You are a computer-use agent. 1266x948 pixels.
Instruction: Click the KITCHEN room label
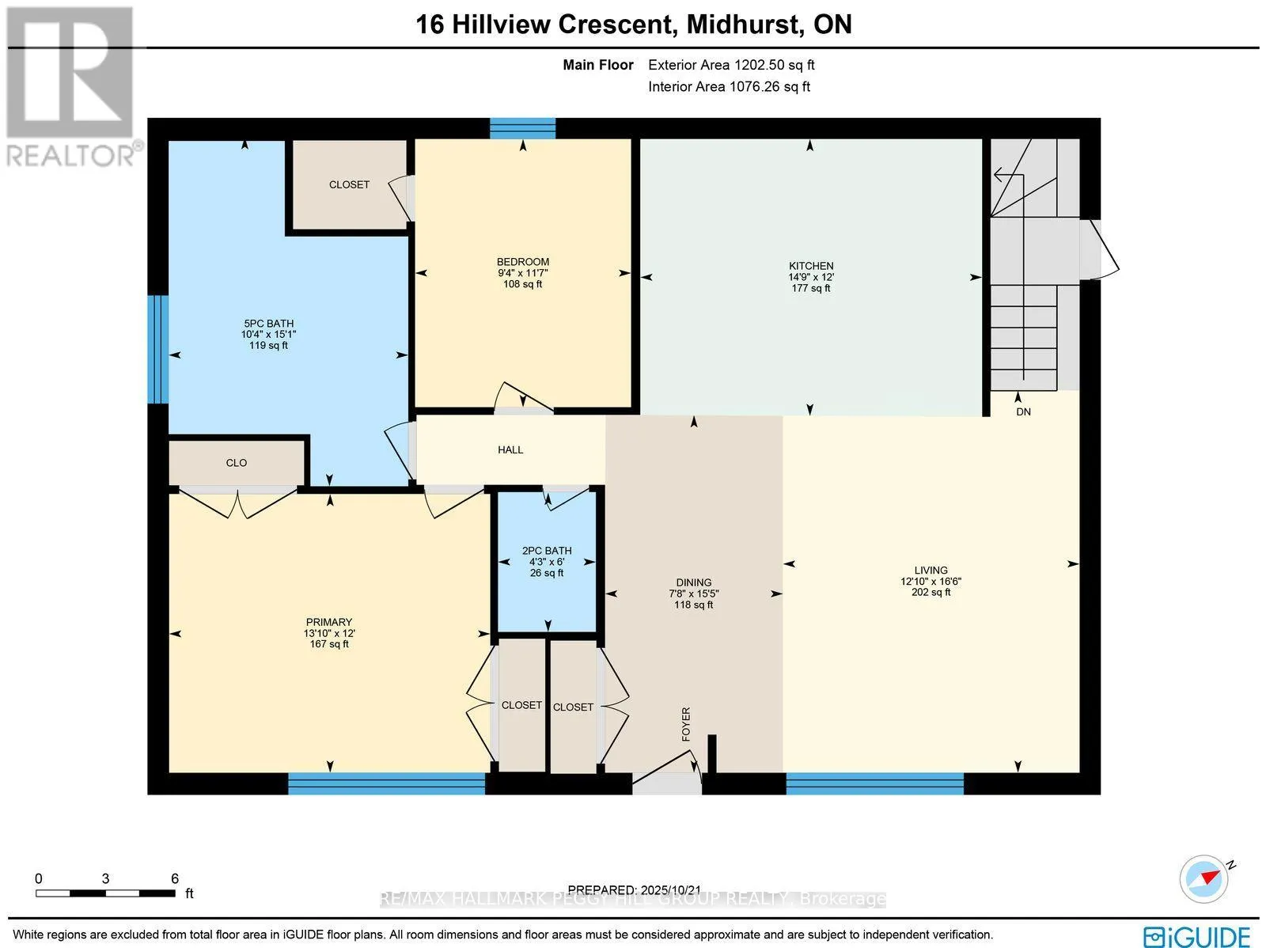(x=811, y=266)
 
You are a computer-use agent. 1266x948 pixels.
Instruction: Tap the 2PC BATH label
(x=547, y=551)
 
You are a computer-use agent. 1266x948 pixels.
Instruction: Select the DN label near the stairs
(x=1023, y=412)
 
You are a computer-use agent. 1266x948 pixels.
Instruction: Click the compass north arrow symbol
(x=1203, y=878)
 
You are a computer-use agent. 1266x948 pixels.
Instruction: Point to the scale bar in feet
(x=105, y=893)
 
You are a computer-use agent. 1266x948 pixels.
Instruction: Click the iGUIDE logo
(x=1196, y=936)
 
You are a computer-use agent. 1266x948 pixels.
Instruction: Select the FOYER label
(x=686, y=724)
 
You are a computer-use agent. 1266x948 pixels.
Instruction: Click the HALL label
(x=510, y=449)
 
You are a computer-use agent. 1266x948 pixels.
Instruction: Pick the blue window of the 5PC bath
(x=158, y=349)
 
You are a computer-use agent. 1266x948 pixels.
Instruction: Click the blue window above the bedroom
(x=522, y=127)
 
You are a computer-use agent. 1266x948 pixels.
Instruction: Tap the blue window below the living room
(x=874, y=783)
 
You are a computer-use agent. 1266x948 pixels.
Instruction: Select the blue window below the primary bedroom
(x=386, y=783)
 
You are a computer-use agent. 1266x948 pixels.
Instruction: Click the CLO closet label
(x=237, y=463)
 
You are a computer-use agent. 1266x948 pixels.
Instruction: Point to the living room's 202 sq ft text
(x=931, y=592)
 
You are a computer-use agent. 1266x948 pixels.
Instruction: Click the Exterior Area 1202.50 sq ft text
(x=731, y=66)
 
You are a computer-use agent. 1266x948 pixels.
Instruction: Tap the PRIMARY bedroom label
(x=329, y=622)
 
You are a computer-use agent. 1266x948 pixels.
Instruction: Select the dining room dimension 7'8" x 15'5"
(x=693, y=593)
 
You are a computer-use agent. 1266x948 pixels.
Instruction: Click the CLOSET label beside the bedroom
(x=349, y=184)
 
